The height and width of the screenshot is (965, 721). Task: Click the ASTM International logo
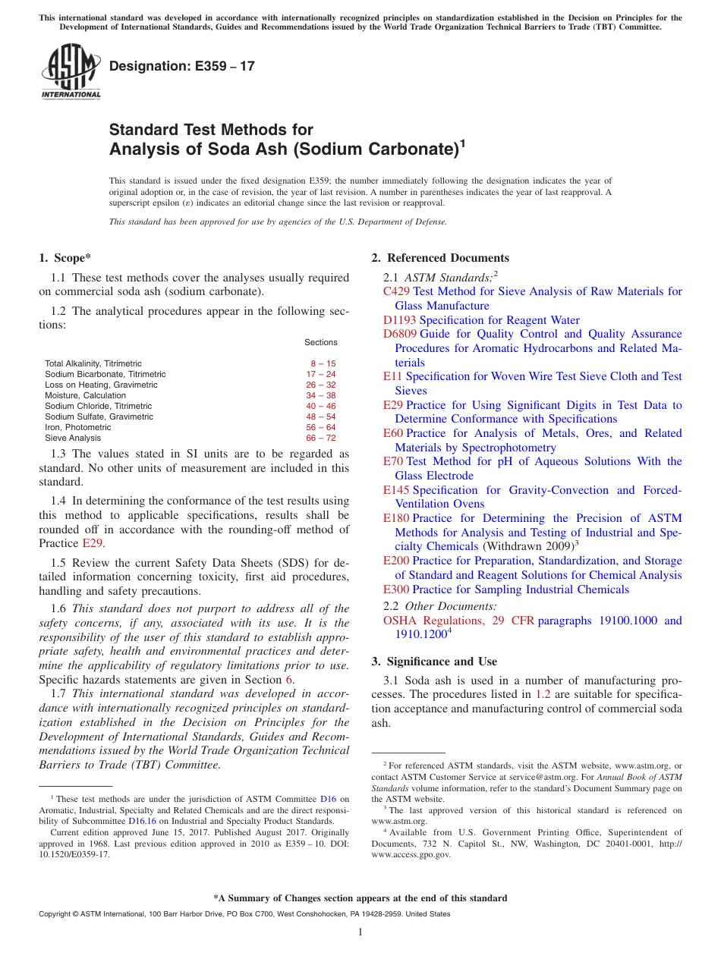click(71, 71)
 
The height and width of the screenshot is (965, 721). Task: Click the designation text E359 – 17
click(182, 67)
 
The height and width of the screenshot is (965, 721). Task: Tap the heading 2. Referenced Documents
click(440, 258)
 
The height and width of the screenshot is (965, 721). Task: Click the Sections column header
click(321, 342)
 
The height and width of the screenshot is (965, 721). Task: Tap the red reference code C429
click(397, 291)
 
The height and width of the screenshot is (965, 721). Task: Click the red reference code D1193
click(399, 320)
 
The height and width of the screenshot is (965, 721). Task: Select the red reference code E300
click(396, 589)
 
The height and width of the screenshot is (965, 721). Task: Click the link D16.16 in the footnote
click(142, 821)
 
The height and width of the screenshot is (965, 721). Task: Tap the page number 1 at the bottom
click(360, 932)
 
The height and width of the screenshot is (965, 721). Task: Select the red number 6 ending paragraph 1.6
click(289, 680)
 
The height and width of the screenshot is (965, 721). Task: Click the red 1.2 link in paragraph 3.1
click(543, 694)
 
